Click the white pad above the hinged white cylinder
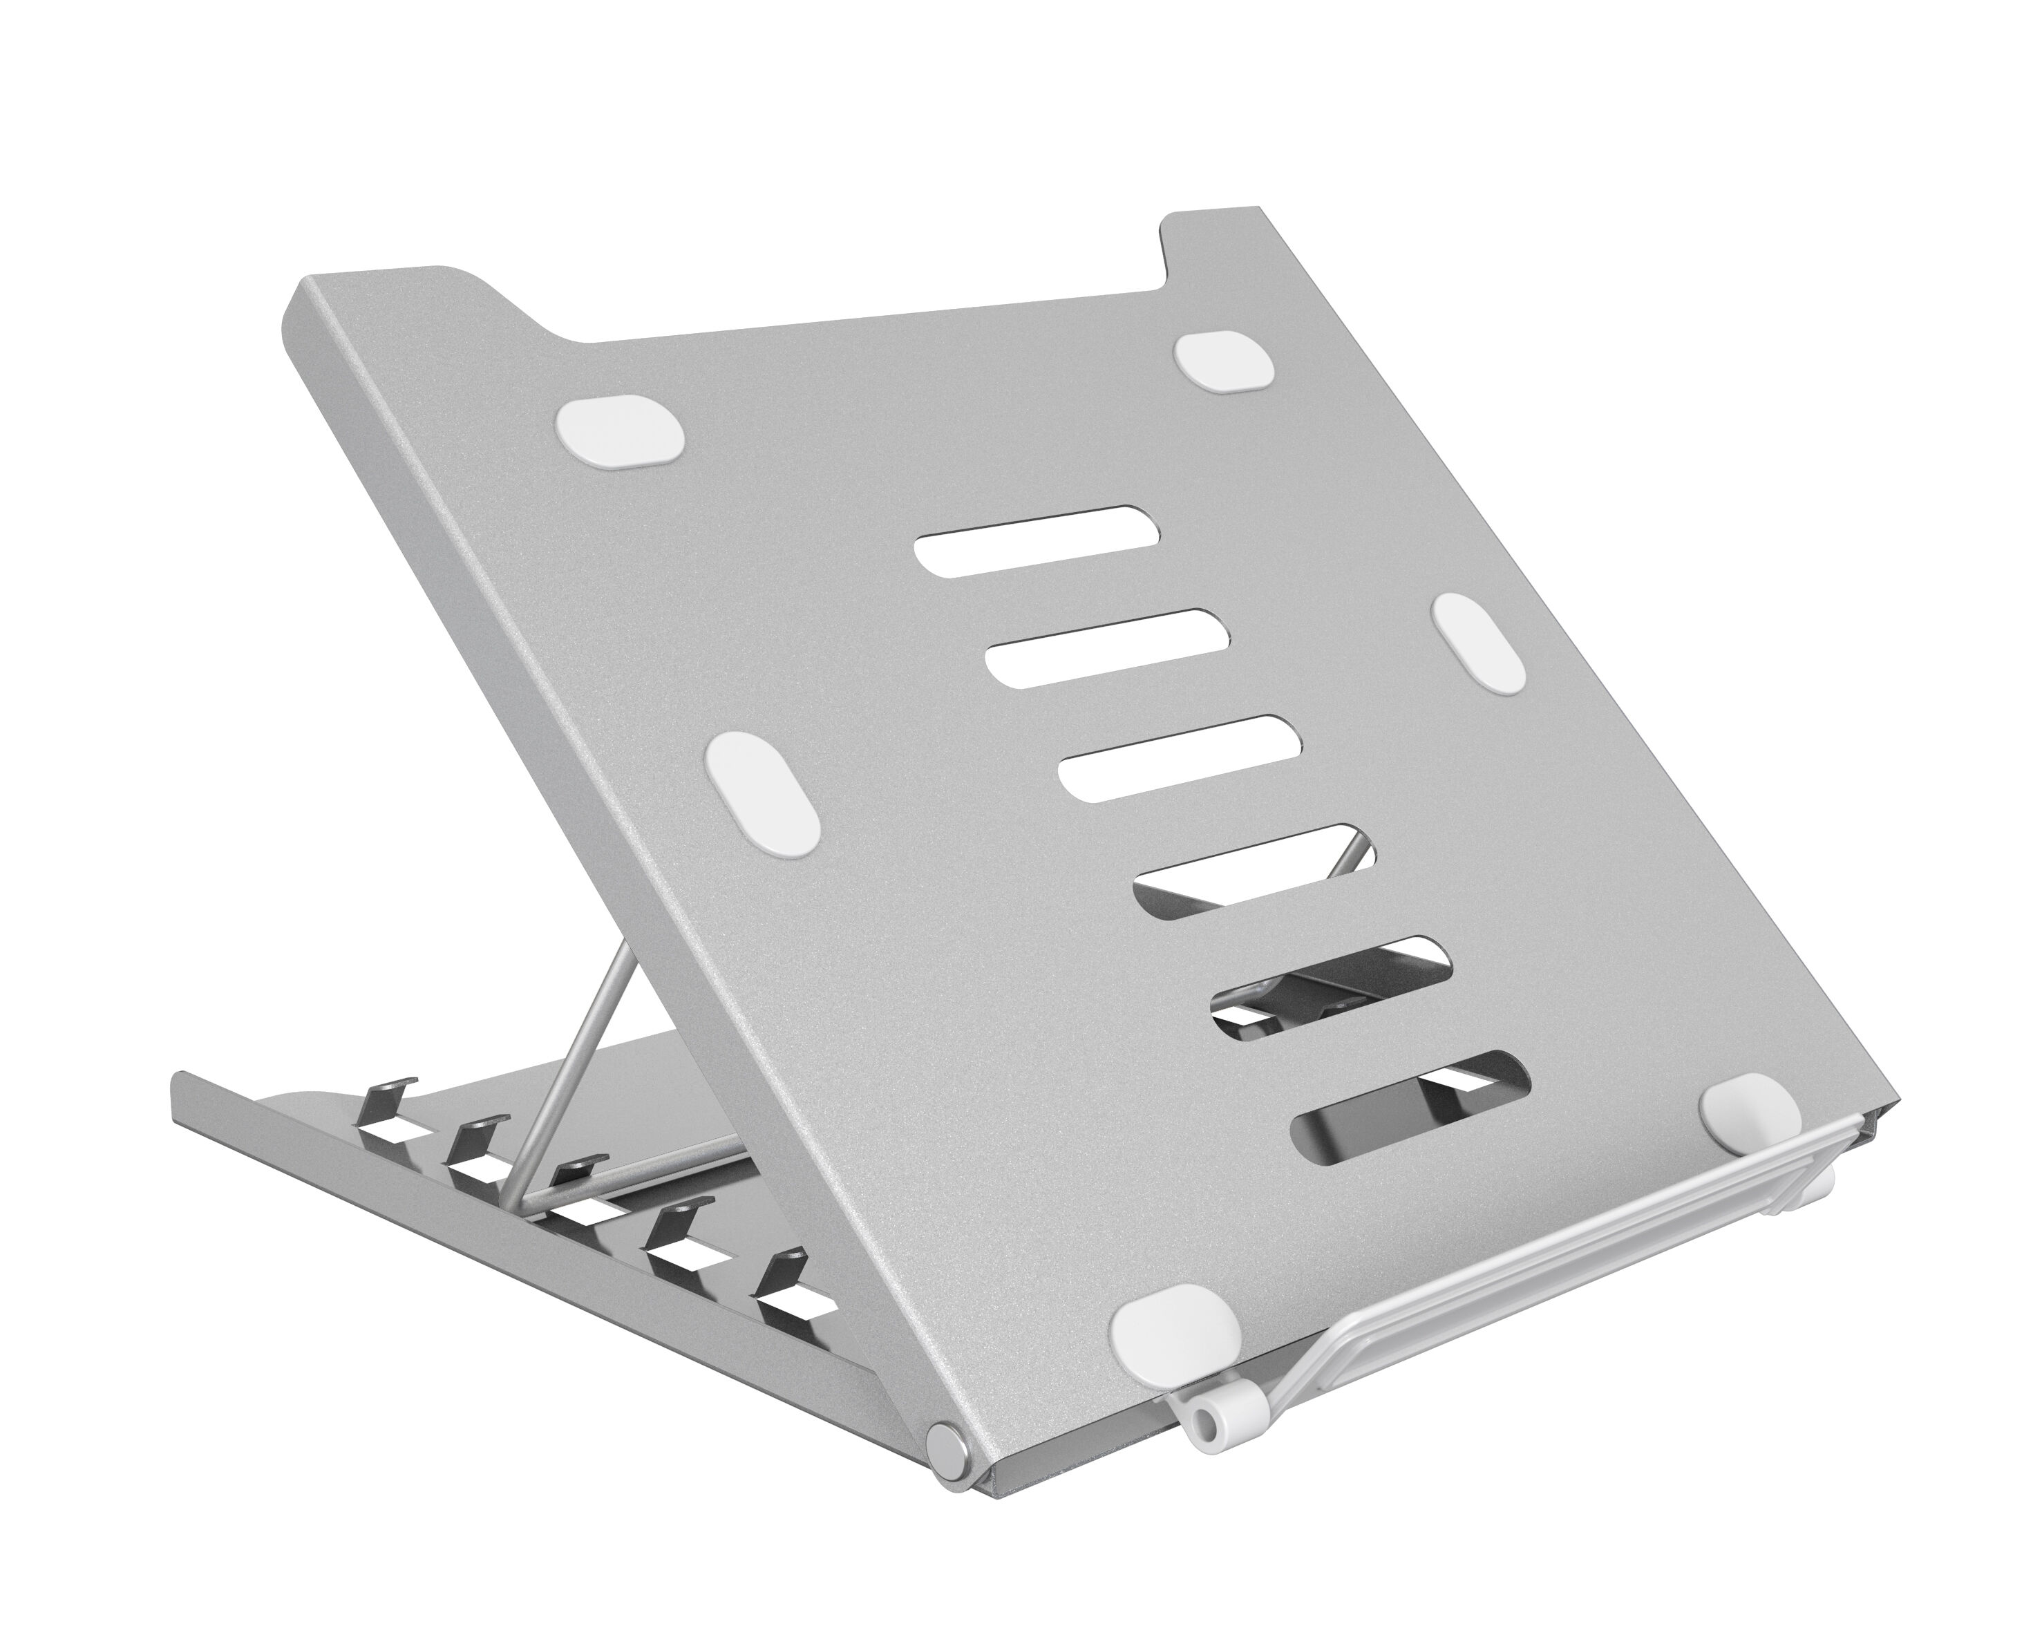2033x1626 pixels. coord(1174,1337)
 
